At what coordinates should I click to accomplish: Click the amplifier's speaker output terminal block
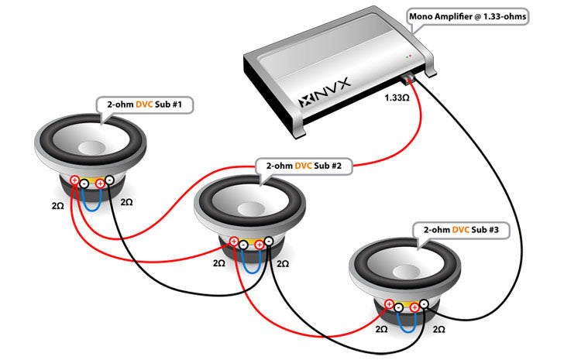tap(409, 78)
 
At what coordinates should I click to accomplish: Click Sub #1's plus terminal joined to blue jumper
tap(100, 183)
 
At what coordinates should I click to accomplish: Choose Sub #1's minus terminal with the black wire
tap(110, 180)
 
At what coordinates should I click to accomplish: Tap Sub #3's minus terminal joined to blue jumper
tap(398, 307)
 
